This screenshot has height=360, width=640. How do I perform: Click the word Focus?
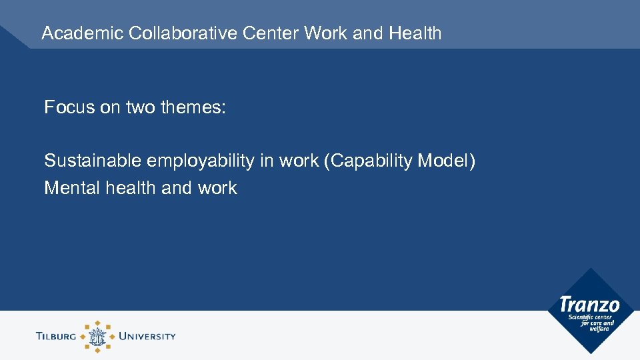click(x=69, y=107)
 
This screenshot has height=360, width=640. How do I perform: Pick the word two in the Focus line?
click(x=140, y=107)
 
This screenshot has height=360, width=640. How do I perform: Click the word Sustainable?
click(x=93, y=161)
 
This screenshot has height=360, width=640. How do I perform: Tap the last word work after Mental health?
click(x=217, y=188)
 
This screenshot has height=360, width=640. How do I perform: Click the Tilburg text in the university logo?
click(x=57, y=336)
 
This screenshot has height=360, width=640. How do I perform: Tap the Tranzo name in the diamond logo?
click(x=590, y=305)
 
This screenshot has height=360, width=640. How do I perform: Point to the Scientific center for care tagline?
click(x=591, y=323)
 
